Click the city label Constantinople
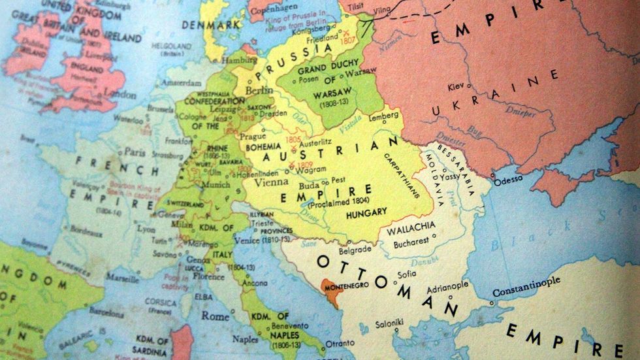tap(526, 282)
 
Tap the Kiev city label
tap(456, 86)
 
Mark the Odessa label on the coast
tap(509, 180)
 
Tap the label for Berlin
tap(259, 90)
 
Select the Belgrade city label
tap(355, 250)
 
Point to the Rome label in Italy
tap(215, 316)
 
